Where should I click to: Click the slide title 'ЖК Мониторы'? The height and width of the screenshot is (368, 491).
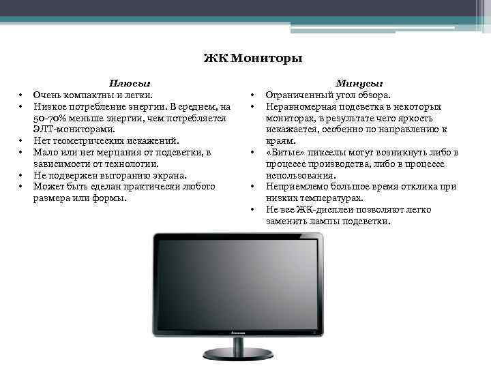(x=252, y=59)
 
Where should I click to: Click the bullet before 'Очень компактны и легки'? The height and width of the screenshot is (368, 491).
(x=22, y=96)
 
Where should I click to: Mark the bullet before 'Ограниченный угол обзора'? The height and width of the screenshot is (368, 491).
(x=252, y=96)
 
